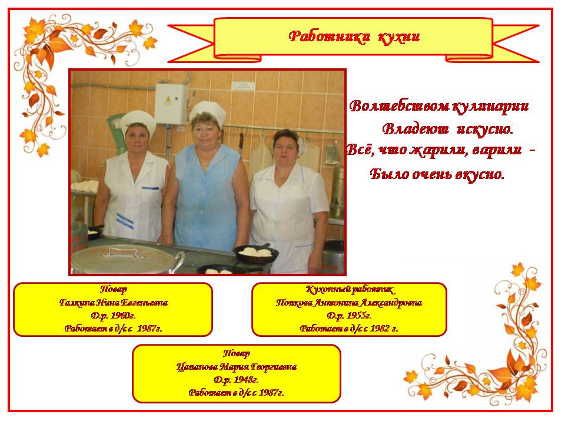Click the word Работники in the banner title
click(330, 37)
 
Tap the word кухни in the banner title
click(399, 37)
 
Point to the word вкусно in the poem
click(479, 174)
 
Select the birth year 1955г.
click(358, 316)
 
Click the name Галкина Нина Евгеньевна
click(114, 303)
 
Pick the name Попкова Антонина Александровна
click(349, 303)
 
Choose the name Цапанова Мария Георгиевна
click(237, 367)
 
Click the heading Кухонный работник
click(349, 290)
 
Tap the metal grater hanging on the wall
click(332, 153)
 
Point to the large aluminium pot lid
click(125, 258)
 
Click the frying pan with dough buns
click(256, 254)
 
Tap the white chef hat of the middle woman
click(208, 111)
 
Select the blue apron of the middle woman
click(207, 198)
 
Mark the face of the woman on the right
click(286, 147)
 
